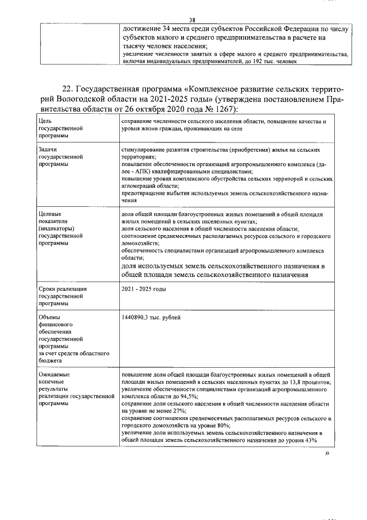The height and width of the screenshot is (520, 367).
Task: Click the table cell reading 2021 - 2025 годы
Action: pos(143,289)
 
